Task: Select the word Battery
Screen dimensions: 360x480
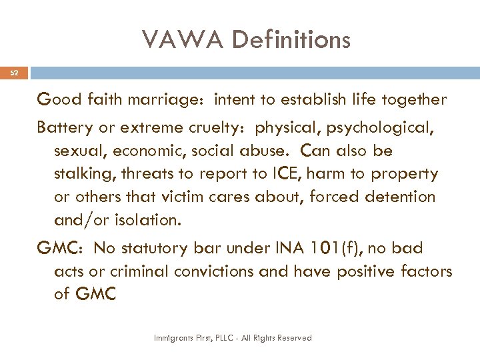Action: coord(64,127)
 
